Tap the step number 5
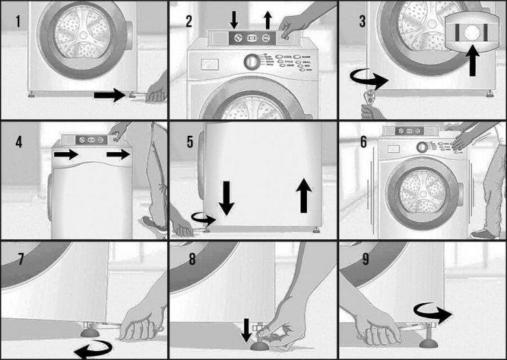tap(190, 142)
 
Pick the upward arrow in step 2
tap(267, 19)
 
